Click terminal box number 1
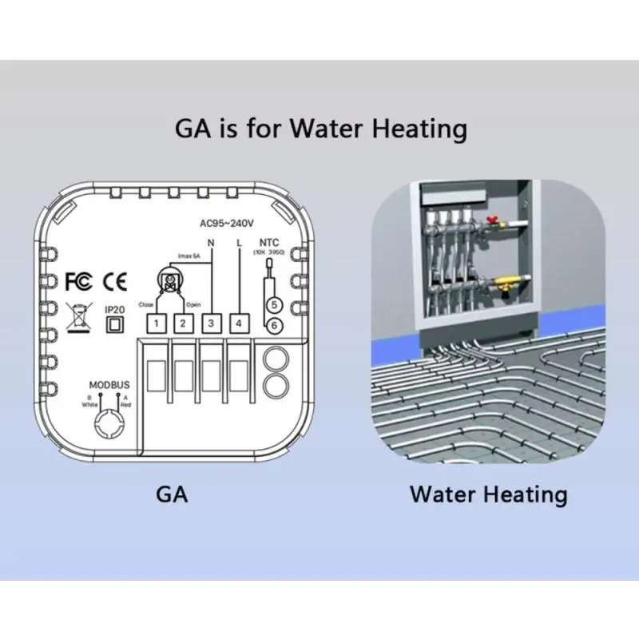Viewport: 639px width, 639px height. pyautogui.click(x=158, y=323)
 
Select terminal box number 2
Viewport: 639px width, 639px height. pyautogui.click(x=184, y=323)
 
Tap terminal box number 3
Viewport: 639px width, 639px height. pyautogui.click(x=211, y=323)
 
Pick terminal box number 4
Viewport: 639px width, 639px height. pyautogui.click(x=238, y=323)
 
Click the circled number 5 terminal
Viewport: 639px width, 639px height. pyautogui.click(x=273, y=305)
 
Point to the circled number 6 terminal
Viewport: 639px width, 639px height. pyautogui.click(x=273, y=325)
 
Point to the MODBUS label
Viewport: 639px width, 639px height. pyautogui.click(x=109, y=385)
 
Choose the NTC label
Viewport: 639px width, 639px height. pyautogui.click(x=269, y=242)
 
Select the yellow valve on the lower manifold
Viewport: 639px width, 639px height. pyautogui.click(x=507, y=282)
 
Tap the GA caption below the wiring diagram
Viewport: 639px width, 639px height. pyautogui.click(x=173, y=494)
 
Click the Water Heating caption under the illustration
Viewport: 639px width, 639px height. pyautogui.click(x=488, y=494)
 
